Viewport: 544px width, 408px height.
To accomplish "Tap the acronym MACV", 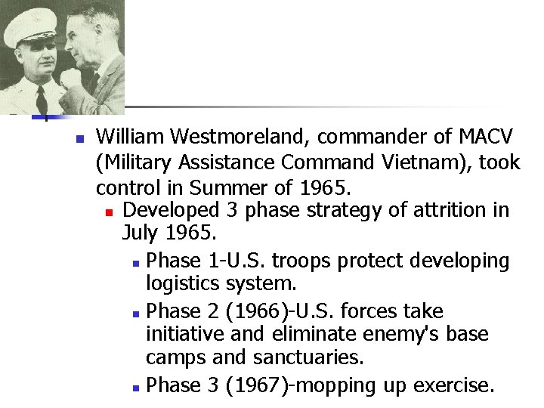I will click(486, 137).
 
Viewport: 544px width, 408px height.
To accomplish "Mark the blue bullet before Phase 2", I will click(134, 312).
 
